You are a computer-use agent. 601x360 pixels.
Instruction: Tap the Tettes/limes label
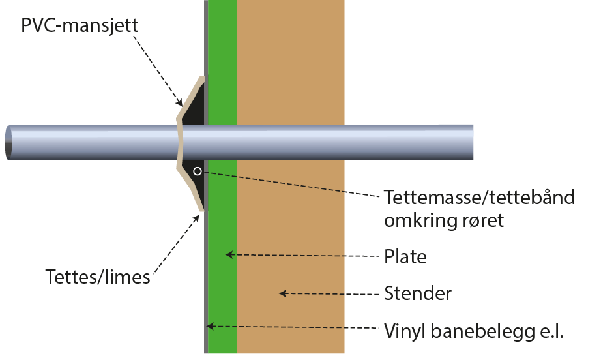click(97, 277)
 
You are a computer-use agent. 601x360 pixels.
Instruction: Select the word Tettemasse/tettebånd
click(479, 196)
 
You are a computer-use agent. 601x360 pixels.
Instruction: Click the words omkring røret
click(444, 220)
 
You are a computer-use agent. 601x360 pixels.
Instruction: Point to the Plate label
click(405, 256)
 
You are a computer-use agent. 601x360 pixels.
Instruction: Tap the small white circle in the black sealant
click(198, 172)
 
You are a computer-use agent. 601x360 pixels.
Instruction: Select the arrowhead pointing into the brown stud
click(283, 293)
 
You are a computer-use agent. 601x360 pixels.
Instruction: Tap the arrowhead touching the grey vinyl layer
click(209, 325)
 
